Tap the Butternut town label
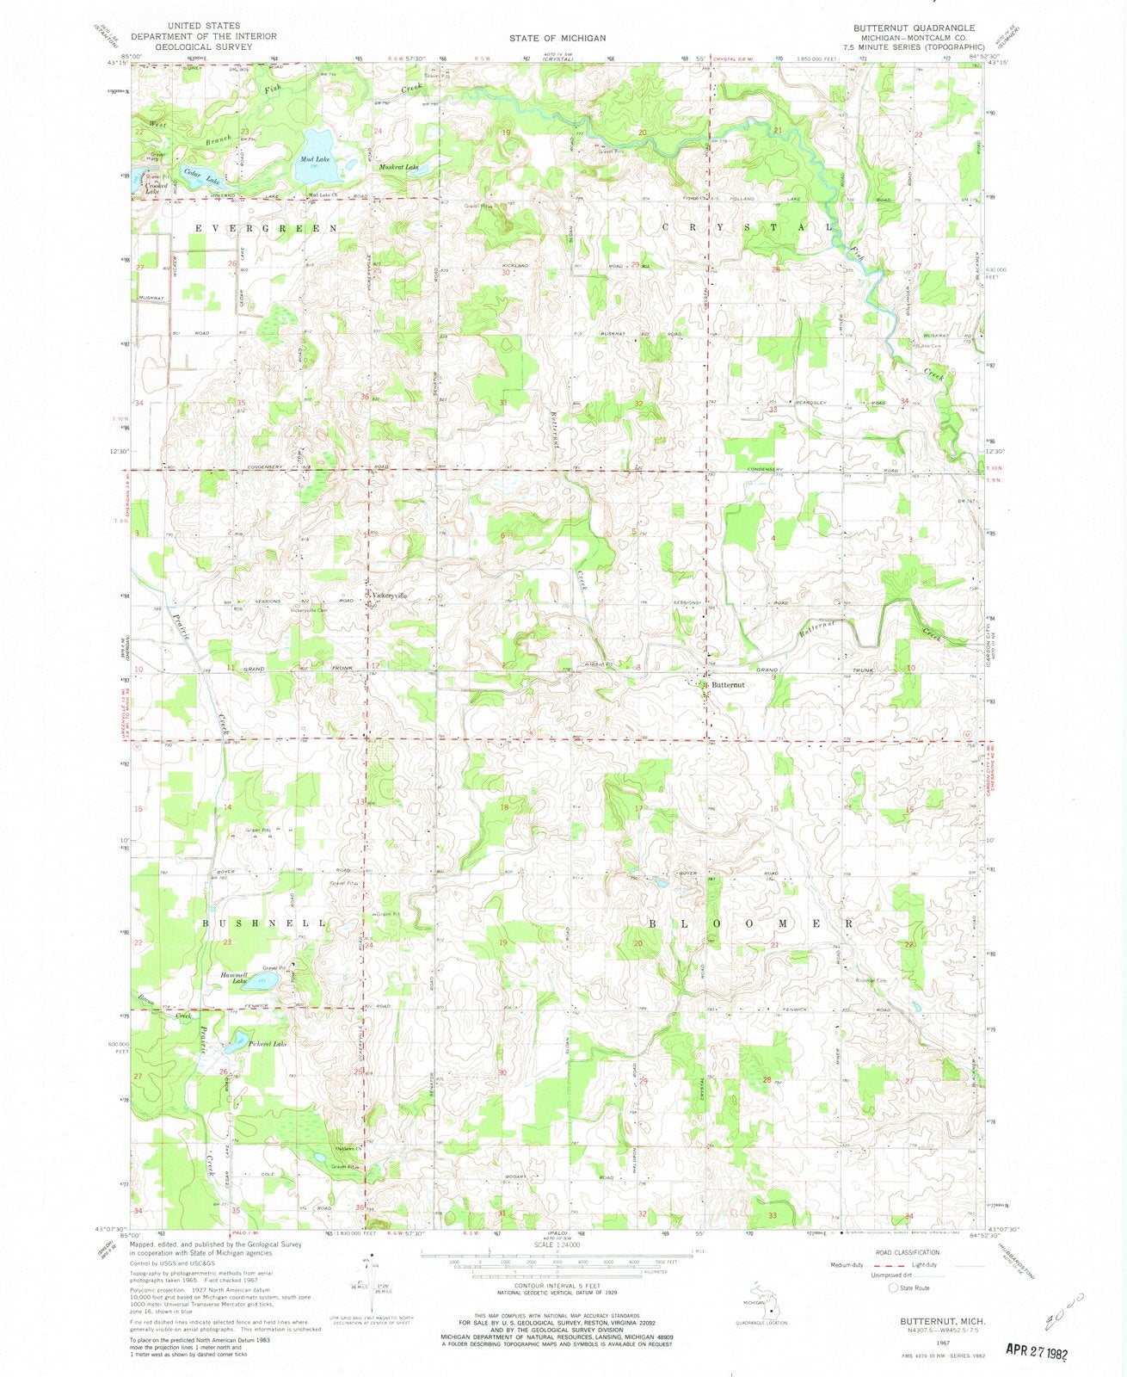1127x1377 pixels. [729, 685]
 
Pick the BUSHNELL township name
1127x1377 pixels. [265, 923]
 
